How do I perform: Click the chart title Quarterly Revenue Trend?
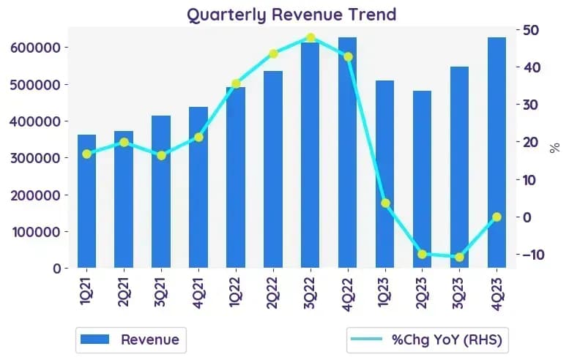pos(291,15)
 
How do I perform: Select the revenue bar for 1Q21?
pos(86,201)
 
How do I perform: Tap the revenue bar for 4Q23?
pos(497,153)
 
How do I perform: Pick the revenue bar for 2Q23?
pos(422,179)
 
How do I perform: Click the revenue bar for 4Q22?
pos(348,153)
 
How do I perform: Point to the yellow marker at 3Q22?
pos(310,38)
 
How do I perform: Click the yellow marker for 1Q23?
pos(385,203)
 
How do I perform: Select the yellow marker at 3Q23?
pos(459,257)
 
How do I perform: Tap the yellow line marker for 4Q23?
pos(497,217)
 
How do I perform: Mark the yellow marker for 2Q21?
pos(124,142)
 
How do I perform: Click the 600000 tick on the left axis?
pos(35,48)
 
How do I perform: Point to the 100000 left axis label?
pos(37,232)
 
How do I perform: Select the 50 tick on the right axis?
pos(531,30)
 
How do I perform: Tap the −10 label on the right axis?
pos(533,255)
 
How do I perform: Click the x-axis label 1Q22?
pos(235,292)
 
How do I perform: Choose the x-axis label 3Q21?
pos(160,292)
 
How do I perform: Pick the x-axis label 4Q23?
pos(497,293)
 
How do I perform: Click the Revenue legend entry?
pos(131,340)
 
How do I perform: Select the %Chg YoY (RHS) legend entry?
pos(427,340)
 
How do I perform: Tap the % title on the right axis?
pos(554,148)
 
